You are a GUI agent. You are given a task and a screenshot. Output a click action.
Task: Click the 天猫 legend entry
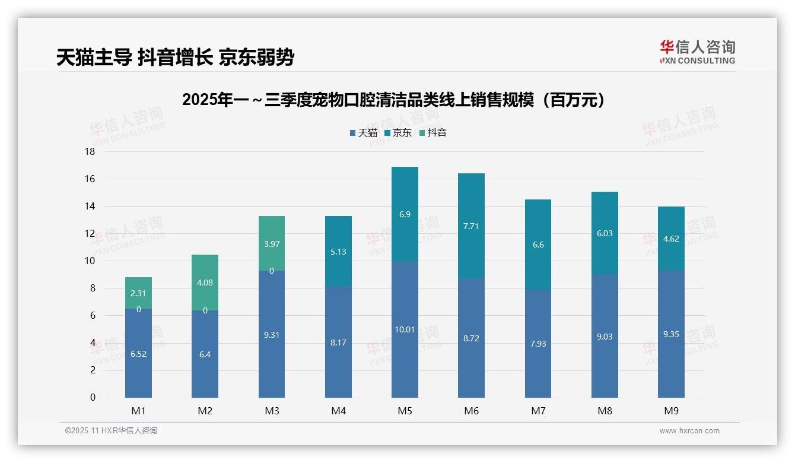[x=363, y=133]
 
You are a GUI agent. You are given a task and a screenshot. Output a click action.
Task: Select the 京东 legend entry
[x=397, y=133]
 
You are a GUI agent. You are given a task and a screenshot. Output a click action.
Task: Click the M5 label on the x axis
[x=405, y=411]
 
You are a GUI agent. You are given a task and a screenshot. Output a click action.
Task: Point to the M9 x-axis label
[x=671, y=411]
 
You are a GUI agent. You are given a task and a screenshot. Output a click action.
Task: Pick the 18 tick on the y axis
[x=90, y=152]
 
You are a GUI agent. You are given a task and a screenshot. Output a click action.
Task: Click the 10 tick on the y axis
[x=90, y=261]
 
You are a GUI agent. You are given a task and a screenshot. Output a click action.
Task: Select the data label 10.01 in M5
[x=405, y=329]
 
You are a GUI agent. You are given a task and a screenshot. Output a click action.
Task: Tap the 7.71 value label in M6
[x=471, y=226]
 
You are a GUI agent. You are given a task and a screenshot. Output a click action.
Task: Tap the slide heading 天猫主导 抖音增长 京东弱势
[x=175, y=57]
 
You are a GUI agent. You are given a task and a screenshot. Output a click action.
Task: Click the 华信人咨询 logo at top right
[x=697, y=52]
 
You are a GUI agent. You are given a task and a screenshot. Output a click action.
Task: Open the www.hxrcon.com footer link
[x=689, y=431]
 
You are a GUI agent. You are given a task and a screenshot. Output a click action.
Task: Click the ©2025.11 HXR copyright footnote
[x=111, y=431]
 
